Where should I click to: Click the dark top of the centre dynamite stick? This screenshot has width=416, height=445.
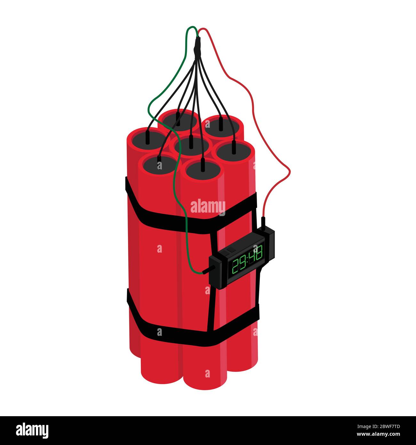pyautogui.click(x=191, y=146)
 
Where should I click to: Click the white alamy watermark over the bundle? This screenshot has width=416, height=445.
pyautogui.click(x=208, y=206)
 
